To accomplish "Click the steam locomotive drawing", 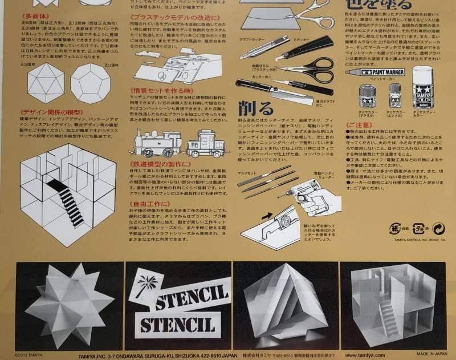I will click(x=156, y=142).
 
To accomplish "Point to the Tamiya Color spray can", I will click(x=422, y=86).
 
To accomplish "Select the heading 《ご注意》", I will click(x=360, y=124).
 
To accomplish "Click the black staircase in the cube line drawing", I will click(x=65, y=200).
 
